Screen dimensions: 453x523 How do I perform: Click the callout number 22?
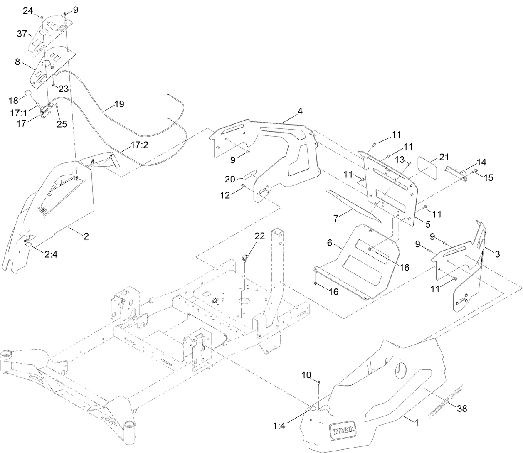pyautogui.click(x=259, y=236)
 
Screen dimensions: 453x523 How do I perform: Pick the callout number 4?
pyautogui.click(x=300, y=111)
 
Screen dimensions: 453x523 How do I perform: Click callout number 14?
pyautogui.click(x=481, y=162)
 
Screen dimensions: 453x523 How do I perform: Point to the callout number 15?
pyautogui.click(x=488, y=177)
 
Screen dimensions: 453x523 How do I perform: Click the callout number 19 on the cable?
pyautogui.click(x=119, y=104)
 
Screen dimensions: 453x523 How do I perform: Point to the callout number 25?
pyautogui.click(x=62, y=124)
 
